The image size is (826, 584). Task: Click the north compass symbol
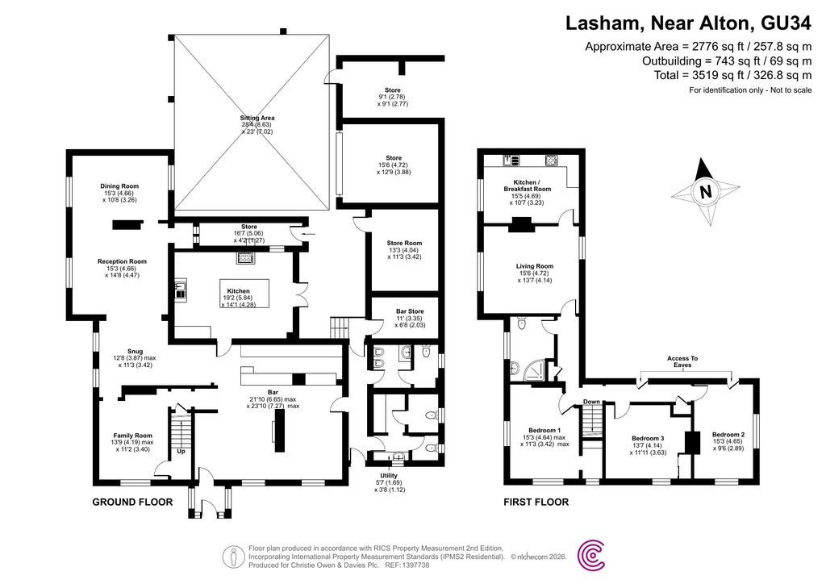click(706, 192)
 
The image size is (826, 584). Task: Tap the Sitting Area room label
click(252, 118)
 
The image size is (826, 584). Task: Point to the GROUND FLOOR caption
click(132, 502)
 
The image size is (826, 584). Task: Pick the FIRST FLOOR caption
click(536, 502)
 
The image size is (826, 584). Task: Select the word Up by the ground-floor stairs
click(181, 451)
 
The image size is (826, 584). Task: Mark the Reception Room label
click(122, 261)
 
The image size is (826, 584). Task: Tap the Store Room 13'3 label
click(404, 243)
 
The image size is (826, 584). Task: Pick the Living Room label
click(534, 266)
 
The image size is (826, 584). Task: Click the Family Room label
click(132, 436)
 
